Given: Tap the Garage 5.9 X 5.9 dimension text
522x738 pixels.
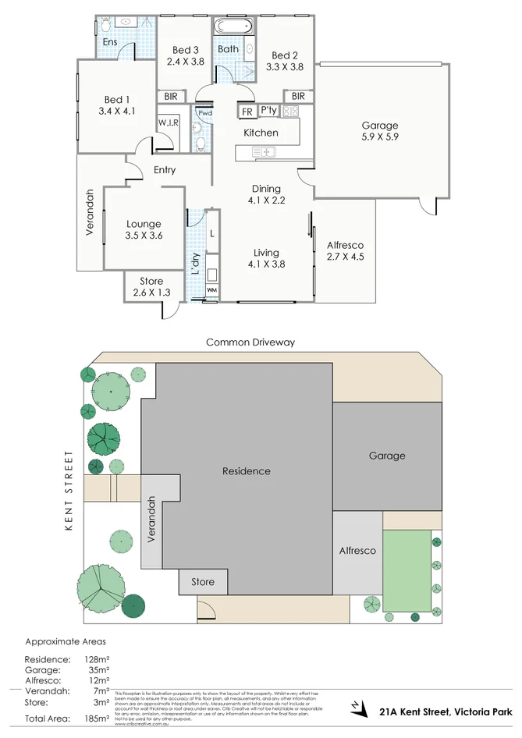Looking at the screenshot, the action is pos(380,137).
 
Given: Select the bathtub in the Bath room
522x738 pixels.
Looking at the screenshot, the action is pos(234,27).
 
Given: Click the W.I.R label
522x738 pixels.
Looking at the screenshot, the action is pos(168,123).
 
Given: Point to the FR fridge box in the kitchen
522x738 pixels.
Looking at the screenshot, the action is pos(247,112).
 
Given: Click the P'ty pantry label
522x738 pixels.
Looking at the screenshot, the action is pos(269,110).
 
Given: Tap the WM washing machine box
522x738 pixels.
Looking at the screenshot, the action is pos(211,291).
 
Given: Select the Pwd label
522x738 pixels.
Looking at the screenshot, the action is pos(204,113).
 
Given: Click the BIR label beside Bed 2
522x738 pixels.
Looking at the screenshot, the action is pos(297,96).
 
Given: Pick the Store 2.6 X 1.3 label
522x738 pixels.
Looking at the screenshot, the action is pos(151,287).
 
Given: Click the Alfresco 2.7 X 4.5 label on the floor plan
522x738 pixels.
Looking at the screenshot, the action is pos(345,250).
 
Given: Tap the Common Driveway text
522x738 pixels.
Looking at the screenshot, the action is pos(250,342).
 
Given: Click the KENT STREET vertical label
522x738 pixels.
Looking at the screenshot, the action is pos(69,491).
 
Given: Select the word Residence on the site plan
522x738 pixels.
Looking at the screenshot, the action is pos(247,471).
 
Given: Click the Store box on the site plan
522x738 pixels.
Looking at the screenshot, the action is pos(203,581).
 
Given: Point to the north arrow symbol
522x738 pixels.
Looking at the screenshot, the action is pos(357,708).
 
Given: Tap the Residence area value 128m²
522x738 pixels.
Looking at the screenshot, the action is pos(97,659).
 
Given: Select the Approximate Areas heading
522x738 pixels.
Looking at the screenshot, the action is pos(65,641).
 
